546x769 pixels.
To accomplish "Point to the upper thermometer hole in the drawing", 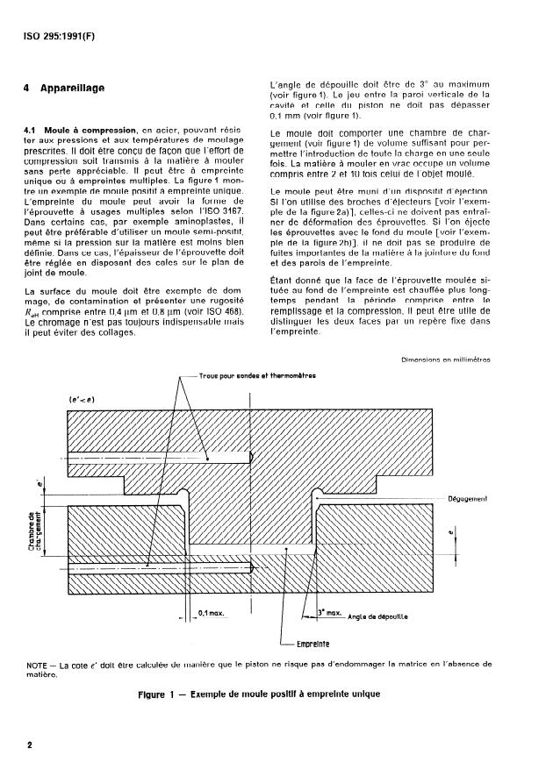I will pyautogui.click(x=158, y=457).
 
